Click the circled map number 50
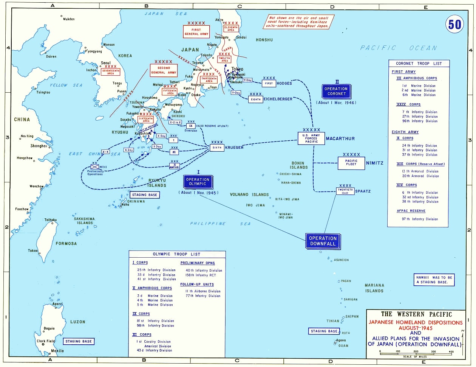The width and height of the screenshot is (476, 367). [x=454, y=24]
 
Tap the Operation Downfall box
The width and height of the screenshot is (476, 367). [x=323, y=241]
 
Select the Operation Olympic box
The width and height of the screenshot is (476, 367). [x=198, y=182]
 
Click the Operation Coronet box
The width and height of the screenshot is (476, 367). [x=336, y=91]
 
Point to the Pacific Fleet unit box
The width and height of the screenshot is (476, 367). [x=351, y=163]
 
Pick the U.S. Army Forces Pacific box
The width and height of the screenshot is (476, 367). [x=312, y=138]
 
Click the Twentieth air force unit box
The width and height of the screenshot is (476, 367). [x=345, y=191]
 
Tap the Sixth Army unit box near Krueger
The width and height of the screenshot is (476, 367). [x=217, y=148]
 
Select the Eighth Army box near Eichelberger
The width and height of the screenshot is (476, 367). [x=256, y=99]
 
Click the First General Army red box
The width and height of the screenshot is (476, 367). [x=196, y=31]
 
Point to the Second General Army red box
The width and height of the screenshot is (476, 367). [x=164, y=70]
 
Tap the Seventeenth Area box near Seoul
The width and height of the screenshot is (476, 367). [x=110, y=72]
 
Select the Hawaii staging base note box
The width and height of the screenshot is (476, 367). [x=433, y=280]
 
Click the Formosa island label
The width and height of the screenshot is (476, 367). [x=66, y=244]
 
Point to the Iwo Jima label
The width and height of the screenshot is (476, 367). [x=255, y=205]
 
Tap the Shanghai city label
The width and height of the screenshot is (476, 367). [x=39, y=146]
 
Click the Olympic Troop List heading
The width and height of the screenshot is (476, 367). [x=176, y=254]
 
